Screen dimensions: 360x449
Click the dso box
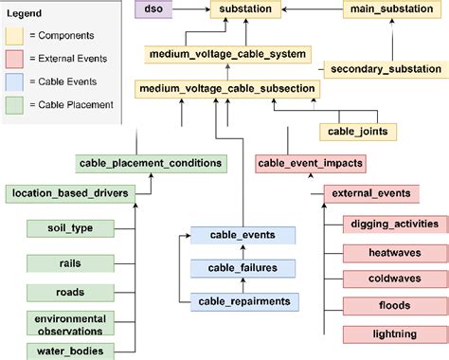[x=153, y=9]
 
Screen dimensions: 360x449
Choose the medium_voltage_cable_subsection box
[x=226, y=89]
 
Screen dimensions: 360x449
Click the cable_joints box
[x=357, y=131]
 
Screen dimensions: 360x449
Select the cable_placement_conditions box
[x=151, y=163]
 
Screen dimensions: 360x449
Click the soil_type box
[x=70, y=228]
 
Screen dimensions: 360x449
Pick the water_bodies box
[x=70, y=351]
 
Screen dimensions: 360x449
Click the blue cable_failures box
[x=242, y=267]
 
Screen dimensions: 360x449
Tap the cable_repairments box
[x=242, y=301]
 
